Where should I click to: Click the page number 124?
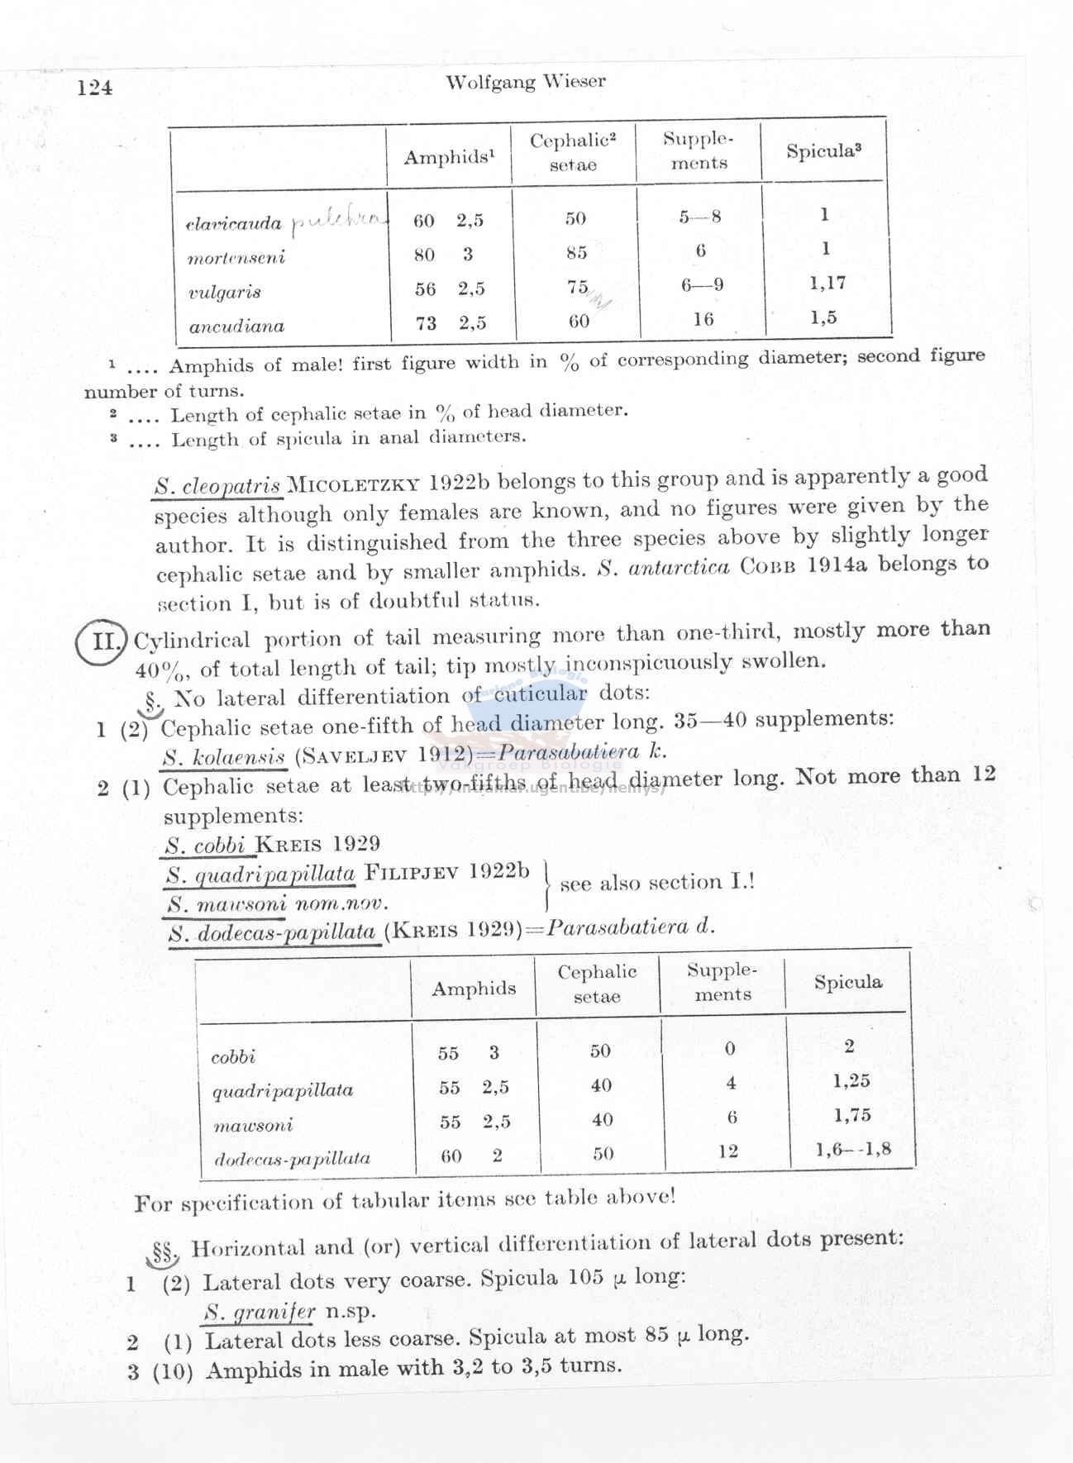coord(95,88)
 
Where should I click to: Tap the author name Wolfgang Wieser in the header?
coord(525,82)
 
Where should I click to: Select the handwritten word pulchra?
coord(339,220)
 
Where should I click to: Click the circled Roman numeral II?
coord(102,641)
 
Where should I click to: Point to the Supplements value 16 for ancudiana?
coord(703,319)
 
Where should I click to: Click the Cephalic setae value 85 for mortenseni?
coord(576,253)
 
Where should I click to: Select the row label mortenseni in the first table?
coord(236,257)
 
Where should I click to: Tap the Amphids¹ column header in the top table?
coord(449,157)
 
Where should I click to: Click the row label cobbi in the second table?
coord(233,1057)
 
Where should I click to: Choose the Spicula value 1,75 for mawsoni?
coord(851,1115)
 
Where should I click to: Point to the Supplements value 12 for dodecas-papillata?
coord(727,1151)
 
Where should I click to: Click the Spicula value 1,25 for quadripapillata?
coord(851,1081)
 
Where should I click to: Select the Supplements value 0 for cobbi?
coord(729,1049)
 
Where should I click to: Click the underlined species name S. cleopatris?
coord(218,486)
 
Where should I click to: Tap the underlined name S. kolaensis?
coord(225,756)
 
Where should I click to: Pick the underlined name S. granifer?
coord(260,1312)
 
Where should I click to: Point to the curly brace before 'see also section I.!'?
coord(547,884)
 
